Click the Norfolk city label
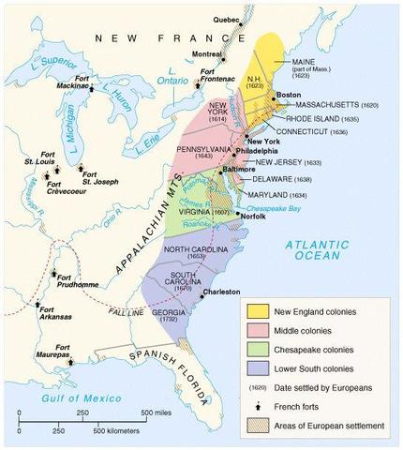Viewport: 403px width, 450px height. tap(255, 215)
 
